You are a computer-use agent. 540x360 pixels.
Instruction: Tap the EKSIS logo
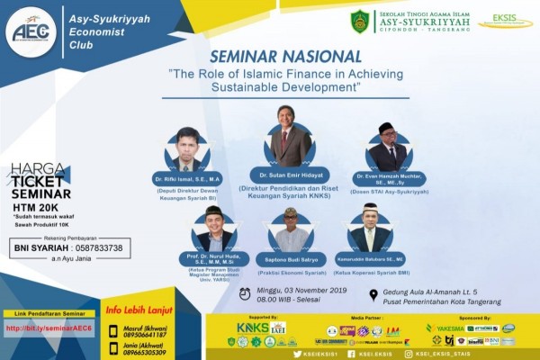pyautogui.click(x=505, y=21)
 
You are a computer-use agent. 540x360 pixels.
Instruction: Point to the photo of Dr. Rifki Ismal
pyautogui.click(x=188, y=150)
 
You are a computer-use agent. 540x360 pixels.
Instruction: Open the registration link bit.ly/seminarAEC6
pyautogui.click(x=48, y=328)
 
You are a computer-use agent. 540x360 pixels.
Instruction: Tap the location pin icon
pyautogui.click(x=373, y=294)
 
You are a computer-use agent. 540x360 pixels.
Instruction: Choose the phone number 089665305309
pyautogui.click(x=150, y=353)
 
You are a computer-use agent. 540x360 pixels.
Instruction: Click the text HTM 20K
pyautogui.click(x=34, y=206)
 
